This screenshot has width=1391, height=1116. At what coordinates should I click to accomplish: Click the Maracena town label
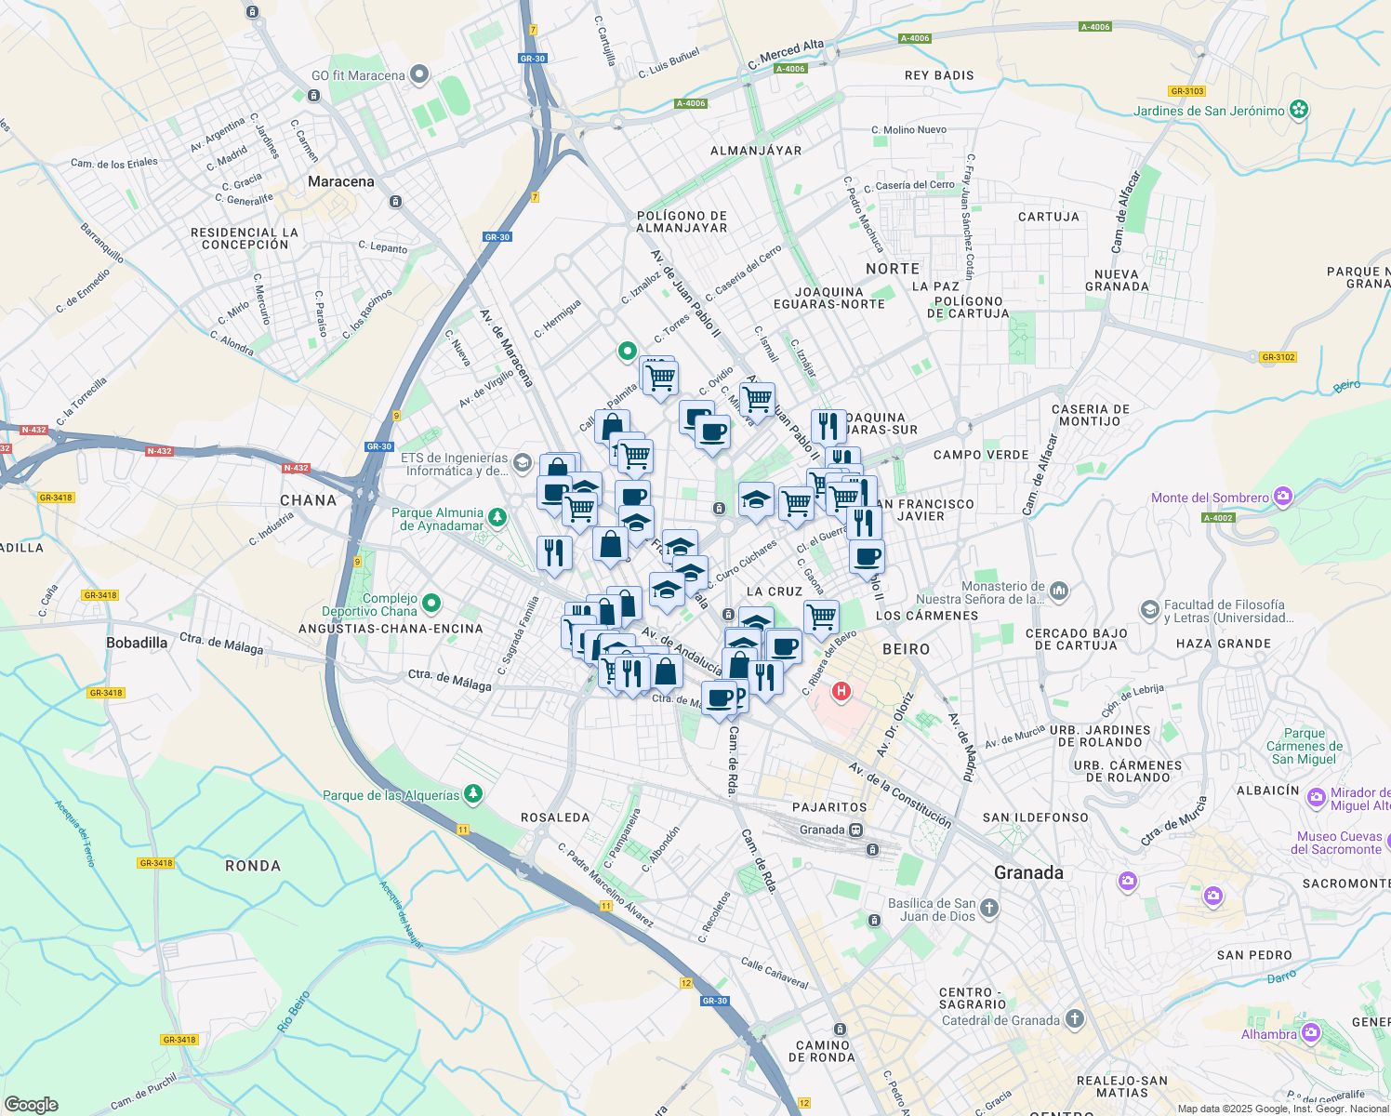point(340,181)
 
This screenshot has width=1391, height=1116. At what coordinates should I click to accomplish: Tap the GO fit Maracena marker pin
point(419,73)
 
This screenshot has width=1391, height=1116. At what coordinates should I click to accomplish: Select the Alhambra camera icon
point(1310,1033)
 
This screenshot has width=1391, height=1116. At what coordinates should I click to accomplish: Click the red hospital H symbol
point(841,691)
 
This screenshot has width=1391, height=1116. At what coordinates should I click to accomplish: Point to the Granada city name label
point(1028,872)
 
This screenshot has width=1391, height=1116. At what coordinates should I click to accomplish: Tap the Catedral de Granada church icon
point(1075,1019)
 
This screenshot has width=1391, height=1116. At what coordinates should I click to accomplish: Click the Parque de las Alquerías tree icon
point(474,793)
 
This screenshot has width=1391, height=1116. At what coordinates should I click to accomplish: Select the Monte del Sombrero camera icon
point(1283,497)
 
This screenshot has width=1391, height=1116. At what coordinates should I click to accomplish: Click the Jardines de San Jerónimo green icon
point(1299,111)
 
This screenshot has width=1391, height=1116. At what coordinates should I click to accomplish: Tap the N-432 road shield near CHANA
point(296,468)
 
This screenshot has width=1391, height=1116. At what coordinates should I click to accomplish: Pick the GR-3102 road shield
point(1278,357)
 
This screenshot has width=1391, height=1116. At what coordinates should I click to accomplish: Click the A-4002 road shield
point(1217,518)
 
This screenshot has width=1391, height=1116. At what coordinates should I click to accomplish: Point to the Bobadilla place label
point(137,643)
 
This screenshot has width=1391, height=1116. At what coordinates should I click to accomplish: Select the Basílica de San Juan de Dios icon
point(989,909)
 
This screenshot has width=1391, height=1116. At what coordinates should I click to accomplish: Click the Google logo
point(31,1105)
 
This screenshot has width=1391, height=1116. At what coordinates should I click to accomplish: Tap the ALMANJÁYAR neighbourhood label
point(755,151)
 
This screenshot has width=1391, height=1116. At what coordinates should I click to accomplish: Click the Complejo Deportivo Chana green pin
point(431,604)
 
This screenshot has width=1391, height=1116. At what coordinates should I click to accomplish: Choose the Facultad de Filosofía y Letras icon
point(1150,610)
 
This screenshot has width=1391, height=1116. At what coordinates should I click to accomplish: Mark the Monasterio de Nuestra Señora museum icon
point(1059,590)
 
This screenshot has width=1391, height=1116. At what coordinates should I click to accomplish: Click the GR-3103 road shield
point(1187,91)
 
